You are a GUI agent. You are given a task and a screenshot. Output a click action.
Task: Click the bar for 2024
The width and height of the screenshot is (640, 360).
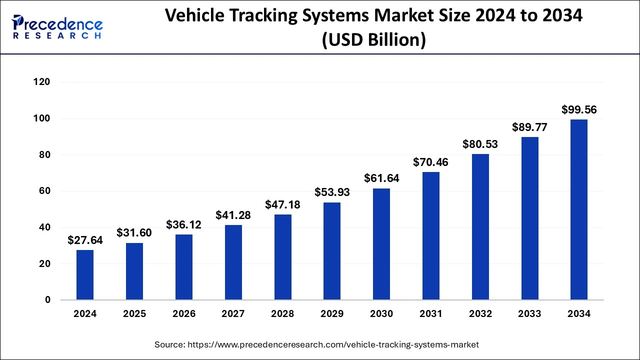coord(85,275)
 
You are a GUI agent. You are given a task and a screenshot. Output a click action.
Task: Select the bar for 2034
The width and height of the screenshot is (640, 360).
coord(579,209)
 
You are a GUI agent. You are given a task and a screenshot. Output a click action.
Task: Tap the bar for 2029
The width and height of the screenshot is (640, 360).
coord(332,251)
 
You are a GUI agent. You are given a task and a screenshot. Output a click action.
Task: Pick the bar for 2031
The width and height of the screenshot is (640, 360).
coord(431,236)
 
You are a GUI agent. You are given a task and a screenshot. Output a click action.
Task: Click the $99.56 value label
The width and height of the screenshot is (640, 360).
coord(579,110)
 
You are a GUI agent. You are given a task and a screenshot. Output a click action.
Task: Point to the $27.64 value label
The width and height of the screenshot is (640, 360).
coord(85,240)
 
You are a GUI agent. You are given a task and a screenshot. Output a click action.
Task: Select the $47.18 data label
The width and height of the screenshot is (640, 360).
coord(282,205)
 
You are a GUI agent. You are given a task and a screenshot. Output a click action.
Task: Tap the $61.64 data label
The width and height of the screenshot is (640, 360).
coord(381,178)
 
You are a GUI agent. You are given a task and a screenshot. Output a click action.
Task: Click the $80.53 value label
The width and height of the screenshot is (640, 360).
coord(480,144)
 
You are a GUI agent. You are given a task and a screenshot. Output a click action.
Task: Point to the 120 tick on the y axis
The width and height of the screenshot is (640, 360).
coord(42,82)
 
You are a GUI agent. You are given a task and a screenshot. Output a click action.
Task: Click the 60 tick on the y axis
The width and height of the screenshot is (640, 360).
coord(45,191)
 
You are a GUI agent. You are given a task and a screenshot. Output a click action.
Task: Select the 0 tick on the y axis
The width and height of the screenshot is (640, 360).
coord(47,300)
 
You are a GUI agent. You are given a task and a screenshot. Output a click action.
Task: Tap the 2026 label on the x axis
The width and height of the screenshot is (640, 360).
coord(184,314)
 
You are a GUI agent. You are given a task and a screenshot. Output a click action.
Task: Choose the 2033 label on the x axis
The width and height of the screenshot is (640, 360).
coord(529,314)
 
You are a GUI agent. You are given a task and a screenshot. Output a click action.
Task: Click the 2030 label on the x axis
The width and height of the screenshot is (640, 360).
coord(381,314)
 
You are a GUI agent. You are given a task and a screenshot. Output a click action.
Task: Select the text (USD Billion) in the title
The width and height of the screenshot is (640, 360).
coord(373,39)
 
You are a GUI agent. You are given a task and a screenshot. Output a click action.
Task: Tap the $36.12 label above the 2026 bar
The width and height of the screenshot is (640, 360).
coord(184,225)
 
